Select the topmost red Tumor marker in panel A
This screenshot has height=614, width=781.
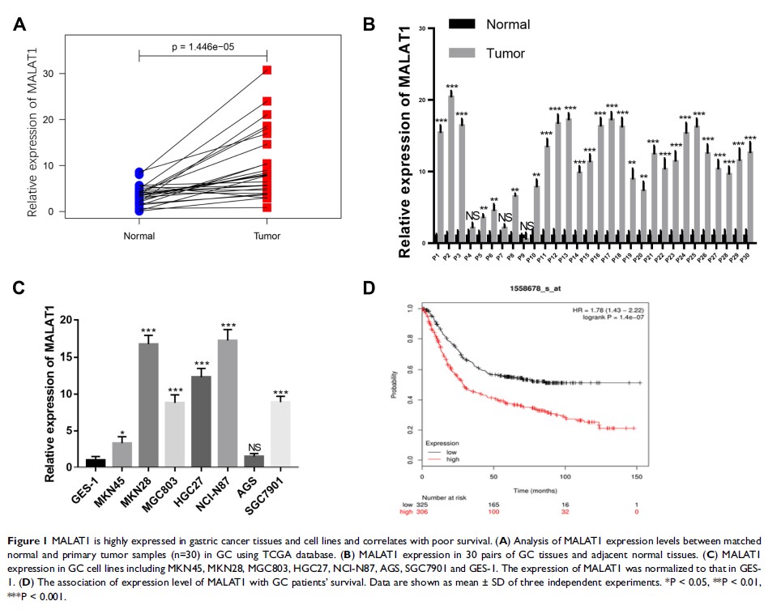[x=267, y=70]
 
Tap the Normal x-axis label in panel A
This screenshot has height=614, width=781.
[x=139, y=237]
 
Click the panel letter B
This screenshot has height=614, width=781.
[x=368, y=24]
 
